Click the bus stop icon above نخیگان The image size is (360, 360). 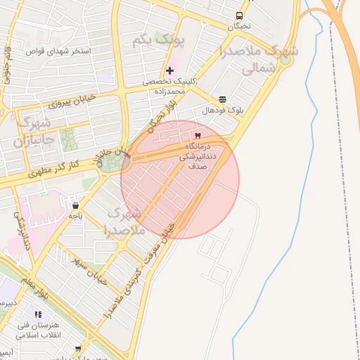pyautogui.click(x=240, y=15)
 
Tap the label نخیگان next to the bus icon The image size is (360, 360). pyautogui.click(x=240, y=27)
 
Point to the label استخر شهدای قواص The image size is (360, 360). pyautogui.click(x=55, y=52)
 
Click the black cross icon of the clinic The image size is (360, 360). pyautogui.click(x=169, y=71)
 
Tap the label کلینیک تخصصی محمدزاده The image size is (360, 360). pyautogui.click(x=174, y=86)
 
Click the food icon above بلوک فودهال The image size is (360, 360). pyautogui.click(x=223, y=99)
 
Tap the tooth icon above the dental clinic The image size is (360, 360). pyautogui.click(x=198, y=135)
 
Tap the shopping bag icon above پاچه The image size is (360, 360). pyautogui.click(x=75, y=205)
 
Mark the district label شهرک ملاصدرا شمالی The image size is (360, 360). pyautogui.click(x=258, y=59)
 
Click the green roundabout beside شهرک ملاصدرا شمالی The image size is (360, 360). pyautogui.click(x=284, y=59)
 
